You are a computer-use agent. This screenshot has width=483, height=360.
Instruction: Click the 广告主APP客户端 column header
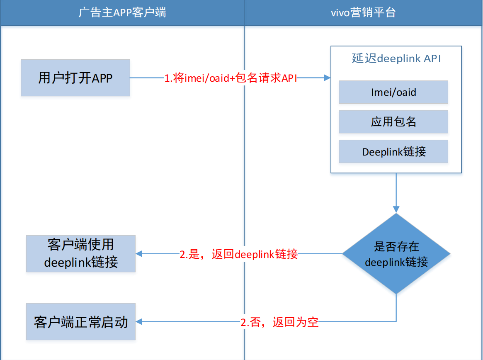pyautogui.click(x=122, y=12)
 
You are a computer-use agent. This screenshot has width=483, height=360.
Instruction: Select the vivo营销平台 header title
pyautogui.click(x=363, y=12)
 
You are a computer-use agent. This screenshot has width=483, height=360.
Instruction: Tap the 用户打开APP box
pyautogui.click(x=75, y=78)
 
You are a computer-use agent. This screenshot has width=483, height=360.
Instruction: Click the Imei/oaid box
pyautogui.click(x=393, y=92)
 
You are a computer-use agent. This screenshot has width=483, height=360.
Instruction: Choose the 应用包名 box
pyautogui.click(x=393, y=122)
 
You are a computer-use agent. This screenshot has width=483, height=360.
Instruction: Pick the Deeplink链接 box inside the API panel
pyautogui.click(x=393, y=152)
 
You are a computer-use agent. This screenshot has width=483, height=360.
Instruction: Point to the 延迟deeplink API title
pyautogui.click(x=396, y=58)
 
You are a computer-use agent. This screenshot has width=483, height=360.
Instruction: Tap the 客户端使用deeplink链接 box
pyautogui.click(x=81, y=253)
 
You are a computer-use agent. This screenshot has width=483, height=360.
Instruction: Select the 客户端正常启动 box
pyautogui.click(x=81, y=322)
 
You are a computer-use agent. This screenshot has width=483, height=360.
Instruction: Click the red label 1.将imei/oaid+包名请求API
pyautogui.click(x=231, y=78)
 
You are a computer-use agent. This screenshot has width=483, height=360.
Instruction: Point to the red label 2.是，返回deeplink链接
pyautogui.click(x=239, y=254)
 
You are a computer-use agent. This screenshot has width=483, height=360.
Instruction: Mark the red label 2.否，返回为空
pyautogui.click(x=279, y=322)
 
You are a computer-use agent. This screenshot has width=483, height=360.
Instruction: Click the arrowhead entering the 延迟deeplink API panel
pyautogui.click(x=328, y=78)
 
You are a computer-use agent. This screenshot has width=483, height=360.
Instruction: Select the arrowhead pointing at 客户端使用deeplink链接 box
pyautogui.click(x=139, y=254)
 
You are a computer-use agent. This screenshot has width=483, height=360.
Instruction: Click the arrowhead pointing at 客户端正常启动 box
pyautogui.click(x=139, y=321)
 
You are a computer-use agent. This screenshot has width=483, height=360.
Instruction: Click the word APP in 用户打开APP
pyautogui.click(x=102, y=78)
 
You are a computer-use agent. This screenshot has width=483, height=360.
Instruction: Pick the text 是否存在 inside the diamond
pyautogui.click(x=396, y=247)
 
